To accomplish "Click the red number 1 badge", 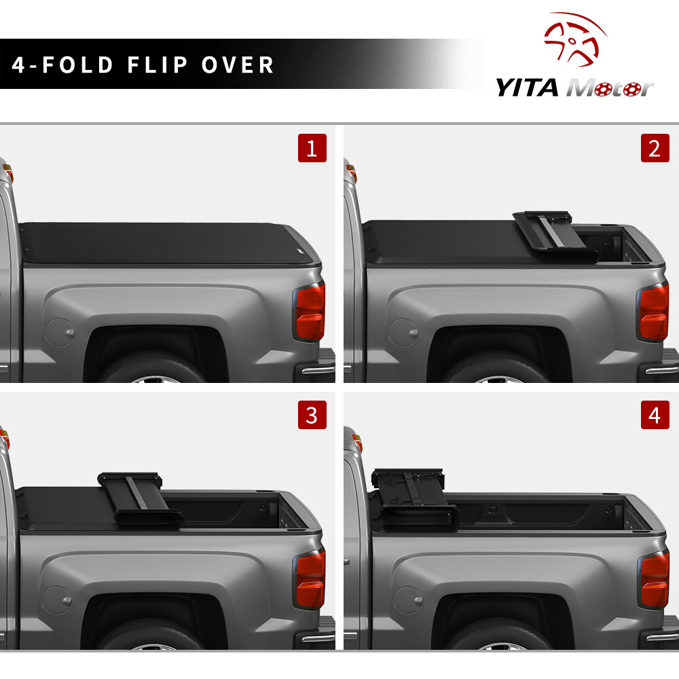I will pyautogui.click(x=312, y=148).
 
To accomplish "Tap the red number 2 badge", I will pyautogui.click(x=655, y=148).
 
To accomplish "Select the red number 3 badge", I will pyautogui.click(x=312, y=415).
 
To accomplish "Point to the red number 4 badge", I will pyautogui.click(x=655, y=415).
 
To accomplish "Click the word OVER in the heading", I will pyautogui.click(x=238, y=65).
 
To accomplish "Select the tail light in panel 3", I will pyautogui.click(x=310, y=579).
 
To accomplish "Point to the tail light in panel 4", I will pyautogui.click(x=654, y=579).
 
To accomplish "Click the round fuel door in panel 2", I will pyautogui.click(x=405, y=333).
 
